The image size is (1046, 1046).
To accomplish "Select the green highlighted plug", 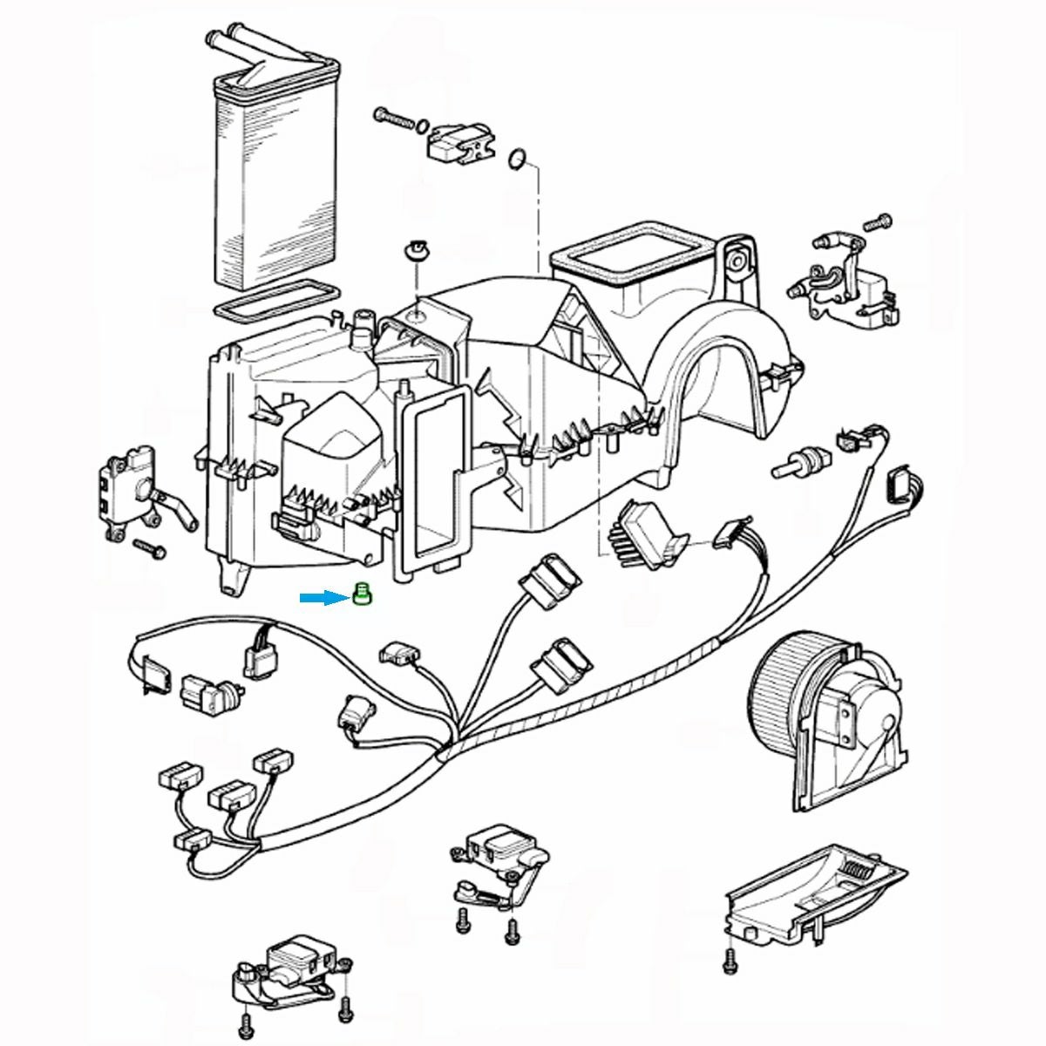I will click(363, 596).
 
